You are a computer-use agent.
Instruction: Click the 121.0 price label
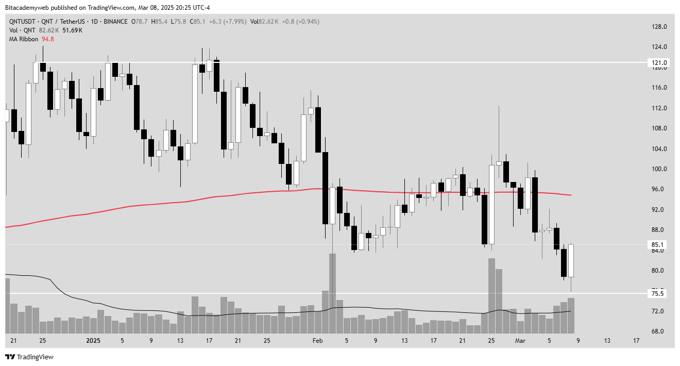click(x=657, y=62)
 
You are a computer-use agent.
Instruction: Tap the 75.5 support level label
click(x=657, y=293)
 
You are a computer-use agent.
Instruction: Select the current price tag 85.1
click(x=657, y=244)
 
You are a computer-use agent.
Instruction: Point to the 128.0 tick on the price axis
click(x=659, y=27)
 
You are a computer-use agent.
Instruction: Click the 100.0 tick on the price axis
click(x=659, y=169)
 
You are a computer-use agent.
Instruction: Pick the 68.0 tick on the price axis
click(x=659, y=331)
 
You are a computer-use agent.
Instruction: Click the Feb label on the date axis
click(x=317, y=341)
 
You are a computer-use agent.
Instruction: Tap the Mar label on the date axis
click(x=520, y=341)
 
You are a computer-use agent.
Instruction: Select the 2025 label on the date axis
click(x=93, y=341)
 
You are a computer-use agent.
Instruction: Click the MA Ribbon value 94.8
click(x=48, y=39)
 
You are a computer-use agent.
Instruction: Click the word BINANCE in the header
click(x=116, y=22)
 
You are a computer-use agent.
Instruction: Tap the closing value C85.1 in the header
click(x=197, y=22)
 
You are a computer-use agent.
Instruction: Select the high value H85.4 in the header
click(x=159, y=22)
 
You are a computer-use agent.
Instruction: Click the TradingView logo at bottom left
click(x=29, y=357)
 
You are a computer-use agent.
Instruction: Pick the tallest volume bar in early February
click(x=333, y=293)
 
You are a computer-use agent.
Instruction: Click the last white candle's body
click(x=571, y=261)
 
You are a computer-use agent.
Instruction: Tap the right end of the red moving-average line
click(x=571, y=195)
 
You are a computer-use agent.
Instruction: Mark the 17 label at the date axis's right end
click(x=636, y=341)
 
